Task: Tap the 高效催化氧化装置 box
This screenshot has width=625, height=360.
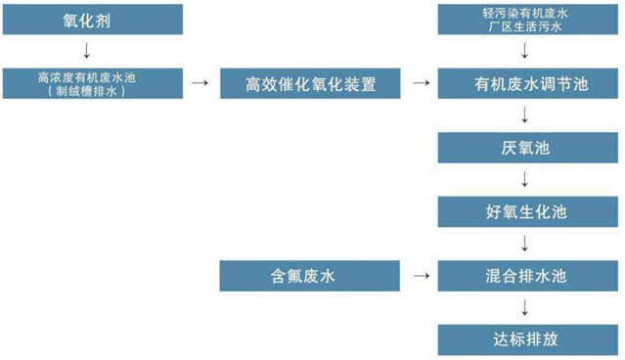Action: coord(309,83)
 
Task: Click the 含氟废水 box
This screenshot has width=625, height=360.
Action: coord(309,276)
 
